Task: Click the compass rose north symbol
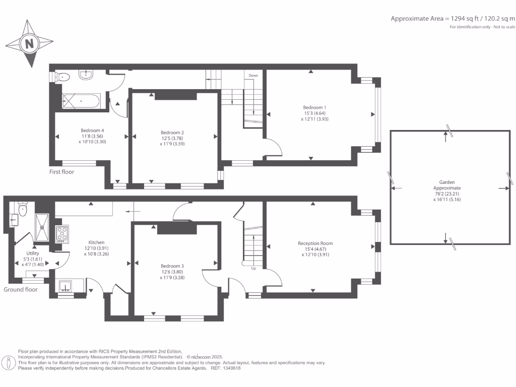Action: pyautogui.click(x=29, y=44)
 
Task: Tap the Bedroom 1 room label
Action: pyautogui.click(x=314, y=107)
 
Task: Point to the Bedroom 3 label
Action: pyautogui.click(x=172, y=266)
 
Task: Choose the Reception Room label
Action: pyautogui.click(x=315, y=243)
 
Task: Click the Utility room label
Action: pyautogui.click(x=32, y=253)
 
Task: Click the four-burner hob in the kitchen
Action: pyautogui.click(x=62, y=234)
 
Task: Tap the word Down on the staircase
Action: pyautogui.click(x=253, y=76)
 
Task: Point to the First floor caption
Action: pyautogui.click(x=61, y=172)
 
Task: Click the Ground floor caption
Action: pyautogui.click(x=21, y=290)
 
